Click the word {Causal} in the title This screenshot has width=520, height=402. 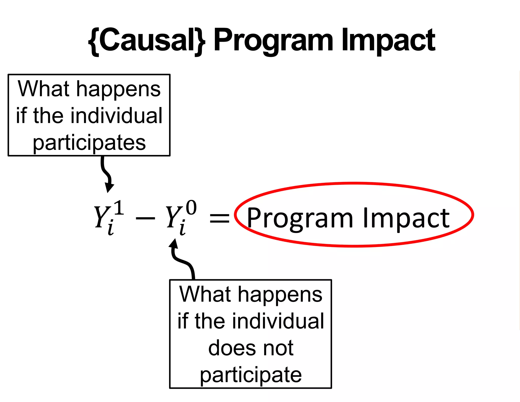click(147, 41)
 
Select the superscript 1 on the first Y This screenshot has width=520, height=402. click(119, 208)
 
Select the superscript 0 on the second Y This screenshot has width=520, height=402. click(191, 208)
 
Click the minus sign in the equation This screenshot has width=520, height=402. click(145, 218)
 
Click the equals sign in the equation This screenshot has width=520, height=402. click(219, 218)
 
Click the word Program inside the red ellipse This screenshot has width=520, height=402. click(300, 219)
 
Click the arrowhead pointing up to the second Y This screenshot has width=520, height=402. click(174, 243)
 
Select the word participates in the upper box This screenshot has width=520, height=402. click(89, 143)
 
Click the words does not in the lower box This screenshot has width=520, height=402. click(251, 348)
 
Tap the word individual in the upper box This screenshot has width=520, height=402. click(116, 116)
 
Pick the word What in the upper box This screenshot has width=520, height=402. click(43, 89)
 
